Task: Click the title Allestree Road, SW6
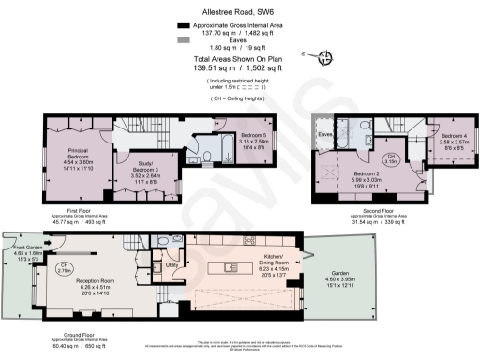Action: click(239, 12)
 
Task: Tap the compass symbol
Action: click(325, 58)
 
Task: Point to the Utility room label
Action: click(172, 266)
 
